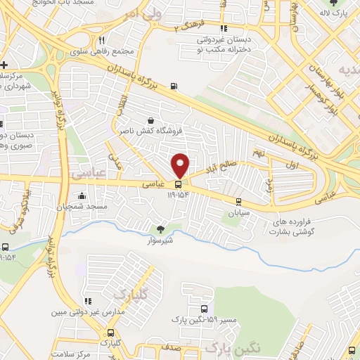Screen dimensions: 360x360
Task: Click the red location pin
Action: pos(181,165)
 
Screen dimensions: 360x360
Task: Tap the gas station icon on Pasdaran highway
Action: pos(173,87)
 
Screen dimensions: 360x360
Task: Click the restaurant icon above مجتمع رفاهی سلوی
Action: pos(103,40)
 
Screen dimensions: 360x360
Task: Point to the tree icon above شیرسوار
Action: pos(160,229)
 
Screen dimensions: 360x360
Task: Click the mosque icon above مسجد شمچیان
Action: pos(83,196)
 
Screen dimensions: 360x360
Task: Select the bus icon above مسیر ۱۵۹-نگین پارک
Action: pos(204,309)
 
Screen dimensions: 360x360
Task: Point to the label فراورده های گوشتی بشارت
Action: pos(289,226)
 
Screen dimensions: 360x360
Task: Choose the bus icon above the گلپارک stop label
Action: pos(110,333)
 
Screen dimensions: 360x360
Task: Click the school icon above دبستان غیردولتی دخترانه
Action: pos(224,29)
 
